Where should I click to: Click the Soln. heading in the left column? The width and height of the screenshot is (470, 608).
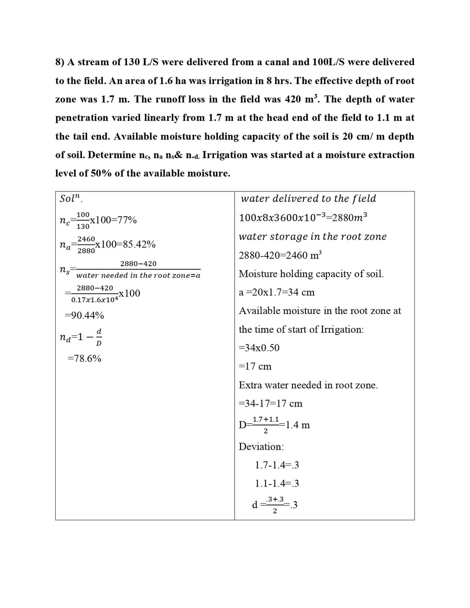(x=71, y=199)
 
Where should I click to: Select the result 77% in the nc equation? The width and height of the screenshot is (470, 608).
(x=127, y=220)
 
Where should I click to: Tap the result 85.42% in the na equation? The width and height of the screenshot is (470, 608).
(x=139, y=244)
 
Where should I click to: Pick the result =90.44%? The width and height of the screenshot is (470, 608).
(x=84, y=315)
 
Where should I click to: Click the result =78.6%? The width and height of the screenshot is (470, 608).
(x=84, y=358)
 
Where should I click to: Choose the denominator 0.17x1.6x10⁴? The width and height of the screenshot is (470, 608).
(x=94, y=299)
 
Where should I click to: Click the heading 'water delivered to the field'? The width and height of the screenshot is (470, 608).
(x=308, y=199)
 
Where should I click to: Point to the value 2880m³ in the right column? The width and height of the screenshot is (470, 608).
(x=349, y=217)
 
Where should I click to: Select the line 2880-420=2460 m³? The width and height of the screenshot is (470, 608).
(x=280, y=255)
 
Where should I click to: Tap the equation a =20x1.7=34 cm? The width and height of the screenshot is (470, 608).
(x=276, y=292)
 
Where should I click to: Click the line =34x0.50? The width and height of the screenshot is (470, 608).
(x=259, y=348)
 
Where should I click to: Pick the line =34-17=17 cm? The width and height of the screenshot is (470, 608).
(x=270, y=404)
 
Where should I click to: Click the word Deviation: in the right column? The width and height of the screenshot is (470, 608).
(x=261, y=447)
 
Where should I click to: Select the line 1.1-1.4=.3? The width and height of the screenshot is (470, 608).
(x=277, y=484)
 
